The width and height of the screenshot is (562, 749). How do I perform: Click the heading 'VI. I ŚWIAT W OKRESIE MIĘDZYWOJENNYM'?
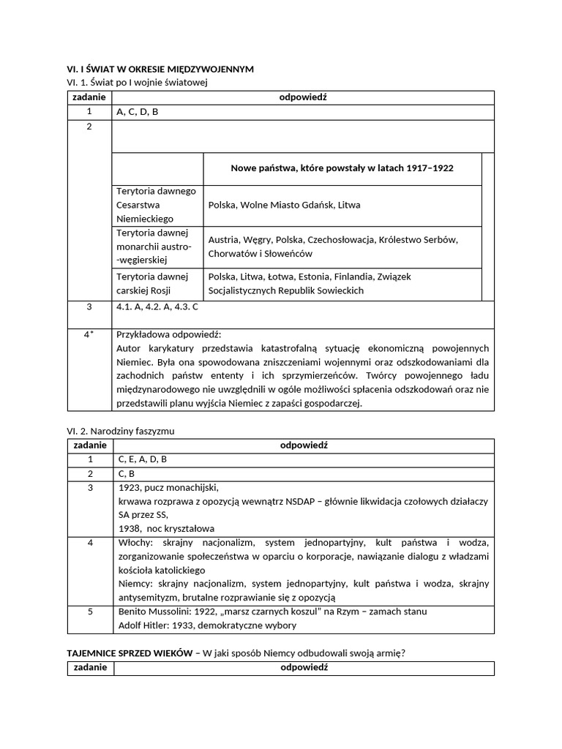click(x=160, y=69)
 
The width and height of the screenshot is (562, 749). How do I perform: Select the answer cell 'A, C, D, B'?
click(x=138, y=112)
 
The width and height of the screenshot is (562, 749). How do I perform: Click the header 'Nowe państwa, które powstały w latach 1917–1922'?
click(x=342, y=168)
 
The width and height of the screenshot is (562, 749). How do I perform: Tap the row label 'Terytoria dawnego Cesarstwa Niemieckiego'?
click(x=156, y=205)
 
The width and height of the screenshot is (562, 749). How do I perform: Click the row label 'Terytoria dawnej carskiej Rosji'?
click(x=152, y=283)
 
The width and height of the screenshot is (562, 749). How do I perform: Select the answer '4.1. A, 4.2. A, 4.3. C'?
click(x=157, y=307)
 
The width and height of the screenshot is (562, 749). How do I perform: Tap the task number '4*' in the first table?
click(x=89, y=334)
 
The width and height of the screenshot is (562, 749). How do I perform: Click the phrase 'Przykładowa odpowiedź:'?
click(x=164, y=334)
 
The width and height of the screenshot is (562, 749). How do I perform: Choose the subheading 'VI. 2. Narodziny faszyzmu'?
click(x=121, y=431)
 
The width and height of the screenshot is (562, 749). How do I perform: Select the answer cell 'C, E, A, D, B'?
click(x=143, y=459)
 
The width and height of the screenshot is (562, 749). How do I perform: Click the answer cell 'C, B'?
click(x=127, y=473)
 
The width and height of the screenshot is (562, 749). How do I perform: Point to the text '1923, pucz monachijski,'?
click(x=168, y=488)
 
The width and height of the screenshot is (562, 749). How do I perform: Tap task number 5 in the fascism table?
click(x=89, y=611)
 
